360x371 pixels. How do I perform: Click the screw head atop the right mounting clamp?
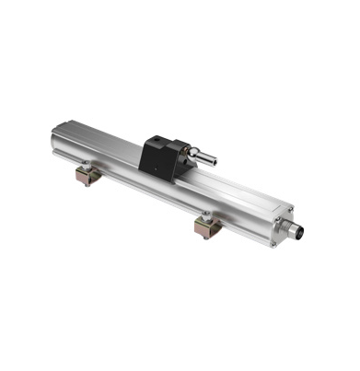[x=207, y=218]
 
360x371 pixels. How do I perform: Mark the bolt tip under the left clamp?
[x=86, y=184]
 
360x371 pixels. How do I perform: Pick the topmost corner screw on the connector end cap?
[x=286, y=205]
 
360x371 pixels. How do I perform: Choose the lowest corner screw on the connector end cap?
[x=273, y=243]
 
